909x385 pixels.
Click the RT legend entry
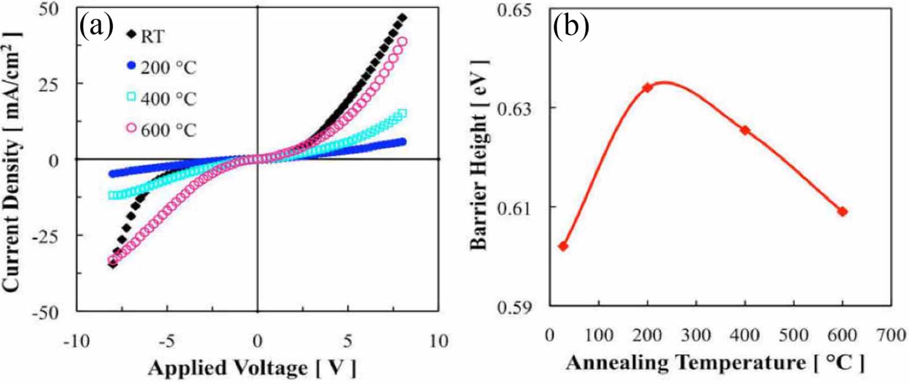tap(145, 36)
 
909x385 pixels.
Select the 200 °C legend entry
tap(161, 68)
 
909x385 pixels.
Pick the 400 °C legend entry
tap(161, 99)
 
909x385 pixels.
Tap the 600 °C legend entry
tap(161, 130)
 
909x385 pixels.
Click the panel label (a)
tap(97, 26)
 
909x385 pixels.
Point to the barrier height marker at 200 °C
tap(647, 87)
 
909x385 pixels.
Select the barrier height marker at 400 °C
tap(745, 130)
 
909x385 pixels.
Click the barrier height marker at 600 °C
tap(843, 211)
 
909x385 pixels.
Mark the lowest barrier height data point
tap(563, 246)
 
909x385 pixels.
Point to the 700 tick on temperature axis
tap(890, 335)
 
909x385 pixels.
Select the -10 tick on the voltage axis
tap(76, 341)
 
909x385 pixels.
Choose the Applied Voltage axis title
tap(252, 368)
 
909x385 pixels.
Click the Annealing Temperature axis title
tap(715, 362)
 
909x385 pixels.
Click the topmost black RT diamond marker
tap(403, 18)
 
